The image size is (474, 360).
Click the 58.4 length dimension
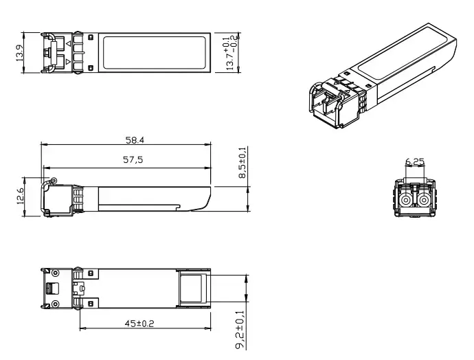135,140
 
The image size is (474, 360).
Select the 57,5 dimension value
133,159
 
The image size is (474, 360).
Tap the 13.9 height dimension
20,53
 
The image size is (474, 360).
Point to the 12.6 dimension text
20,196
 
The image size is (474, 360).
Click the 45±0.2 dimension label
139,324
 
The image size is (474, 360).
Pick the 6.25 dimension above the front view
415,162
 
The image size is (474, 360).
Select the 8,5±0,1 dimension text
242,163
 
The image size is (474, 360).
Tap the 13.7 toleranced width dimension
232,52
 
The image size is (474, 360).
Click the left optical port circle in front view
405,200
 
